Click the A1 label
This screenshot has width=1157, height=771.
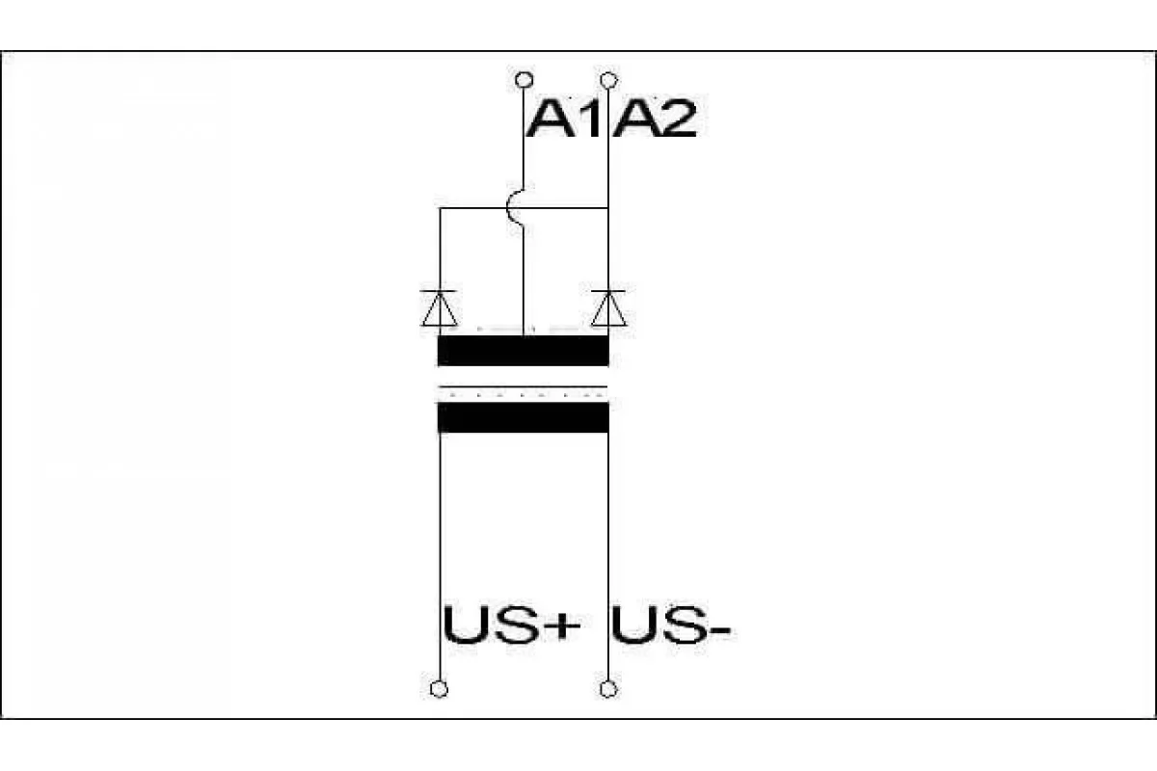[x=564, y=119]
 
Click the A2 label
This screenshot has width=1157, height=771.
[x=654, y=119]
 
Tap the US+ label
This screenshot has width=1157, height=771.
[x=512, y=625]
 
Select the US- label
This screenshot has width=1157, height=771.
[x=670, y=625]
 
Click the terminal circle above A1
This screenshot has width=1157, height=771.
[x=525, y=80]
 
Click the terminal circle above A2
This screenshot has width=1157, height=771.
[x=609, y=80]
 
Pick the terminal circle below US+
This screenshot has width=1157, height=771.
[x=439, y=689]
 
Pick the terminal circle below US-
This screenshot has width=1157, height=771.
[x=608, y=689]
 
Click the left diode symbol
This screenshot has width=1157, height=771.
[x=439, y=308]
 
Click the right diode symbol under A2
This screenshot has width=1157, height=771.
[x=608, y=308]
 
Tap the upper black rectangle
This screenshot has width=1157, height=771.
[x=524, y=351]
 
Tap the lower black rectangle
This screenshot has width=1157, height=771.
[x=524, y=417]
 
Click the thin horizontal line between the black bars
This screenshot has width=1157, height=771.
[x=524, y=386]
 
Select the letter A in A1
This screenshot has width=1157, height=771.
[x=549, y=119]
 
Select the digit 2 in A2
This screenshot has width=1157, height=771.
[x=678, y=119]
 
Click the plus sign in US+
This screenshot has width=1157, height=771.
[x=562, y=626]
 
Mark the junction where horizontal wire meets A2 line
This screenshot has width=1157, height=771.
[x=608, y=208]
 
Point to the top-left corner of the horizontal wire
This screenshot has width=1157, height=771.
[x=440, y=208]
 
